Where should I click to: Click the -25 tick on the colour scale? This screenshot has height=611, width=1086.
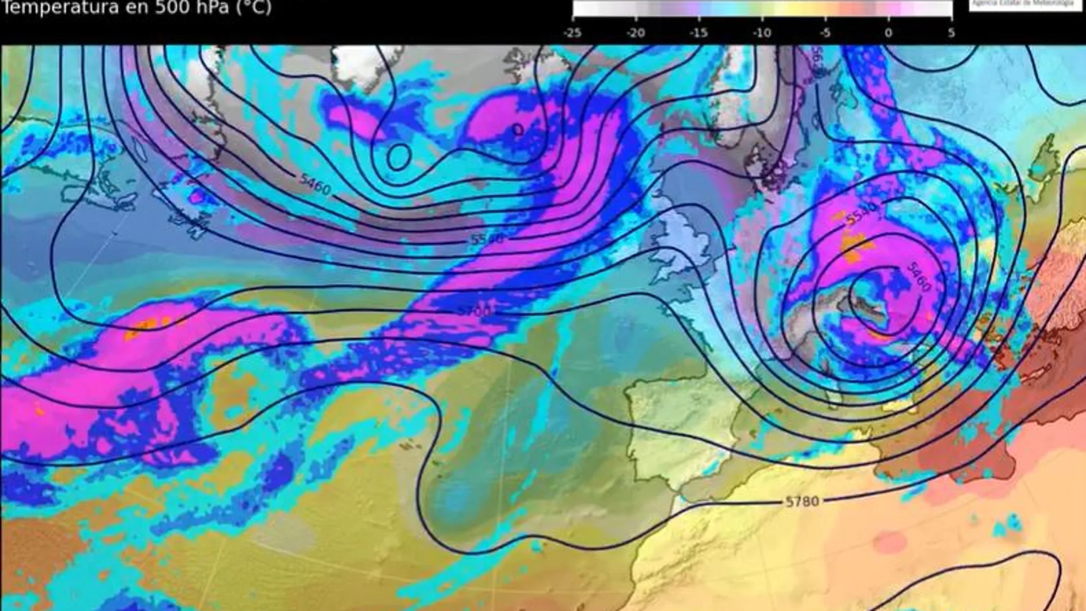[x=572, y=33]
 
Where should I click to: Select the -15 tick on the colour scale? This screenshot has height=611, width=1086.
[x=698, y=33]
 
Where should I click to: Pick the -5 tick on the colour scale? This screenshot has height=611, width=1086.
[x=825, y=33]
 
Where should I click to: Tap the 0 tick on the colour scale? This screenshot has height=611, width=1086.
[x=888, y=33]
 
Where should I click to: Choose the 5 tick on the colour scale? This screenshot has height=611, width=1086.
[x=951, y=33]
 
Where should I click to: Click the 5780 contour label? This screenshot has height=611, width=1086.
[x=802, y=501]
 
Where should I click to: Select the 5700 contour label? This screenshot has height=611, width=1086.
[x=474, y=311]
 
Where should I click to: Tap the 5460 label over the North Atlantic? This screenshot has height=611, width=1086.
[x=315, y=183]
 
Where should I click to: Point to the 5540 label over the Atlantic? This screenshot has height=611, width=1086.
[x=487, y=238]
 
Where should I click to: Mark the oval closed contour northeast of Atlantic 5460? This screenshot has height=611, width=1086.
[x=398, y=155]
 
